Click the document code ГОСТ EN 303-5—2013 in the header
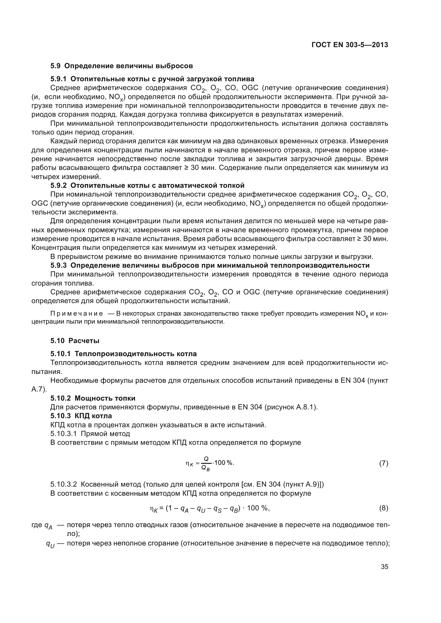(350, 45)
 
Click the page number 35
(384, 567)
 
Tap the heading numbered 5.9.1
(152, 79)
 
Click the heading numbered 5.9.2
(147, 185)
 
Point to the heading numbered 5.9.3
(210, 265)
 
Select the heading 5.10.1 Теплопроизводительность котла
(123, 354)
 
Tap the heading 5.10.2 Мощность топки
(93, 398)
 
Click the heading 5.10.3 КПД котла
(81, 416)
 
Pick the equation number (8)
(383, 508)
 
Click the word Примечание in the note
(77, 314)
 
